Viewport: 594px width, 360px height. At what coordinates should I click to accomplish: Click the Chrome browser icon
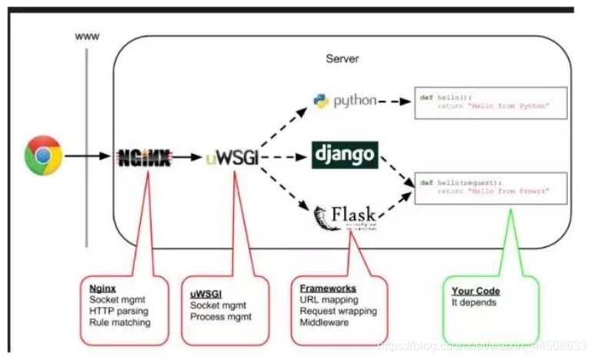click(x=43, y=155)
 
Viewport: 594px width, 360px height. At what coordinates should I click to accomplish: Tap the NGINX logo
click(x=143, y=157)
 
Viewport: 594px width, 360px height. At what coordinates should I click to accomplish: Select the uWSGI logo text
click(x=230, y=157)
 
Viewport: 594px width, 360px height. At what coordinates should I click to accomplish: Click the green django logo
click(x=345, y=155)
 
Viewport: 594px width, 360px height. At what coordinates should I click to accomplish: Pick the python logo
click(x=345, y=101)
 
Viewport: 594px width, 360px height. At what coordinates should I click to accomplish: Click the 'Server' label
click(x=342, y=58)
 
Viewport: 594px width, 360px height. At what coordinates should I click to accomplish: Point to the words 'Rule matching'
click(x=120, y=322)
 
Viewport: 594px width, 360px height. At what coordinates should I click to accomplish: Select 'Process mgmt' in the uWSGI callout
click(x=220, y=316)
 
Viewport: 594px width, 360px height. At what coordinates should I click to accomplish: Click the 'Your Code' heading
click(x=476, y=292)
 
